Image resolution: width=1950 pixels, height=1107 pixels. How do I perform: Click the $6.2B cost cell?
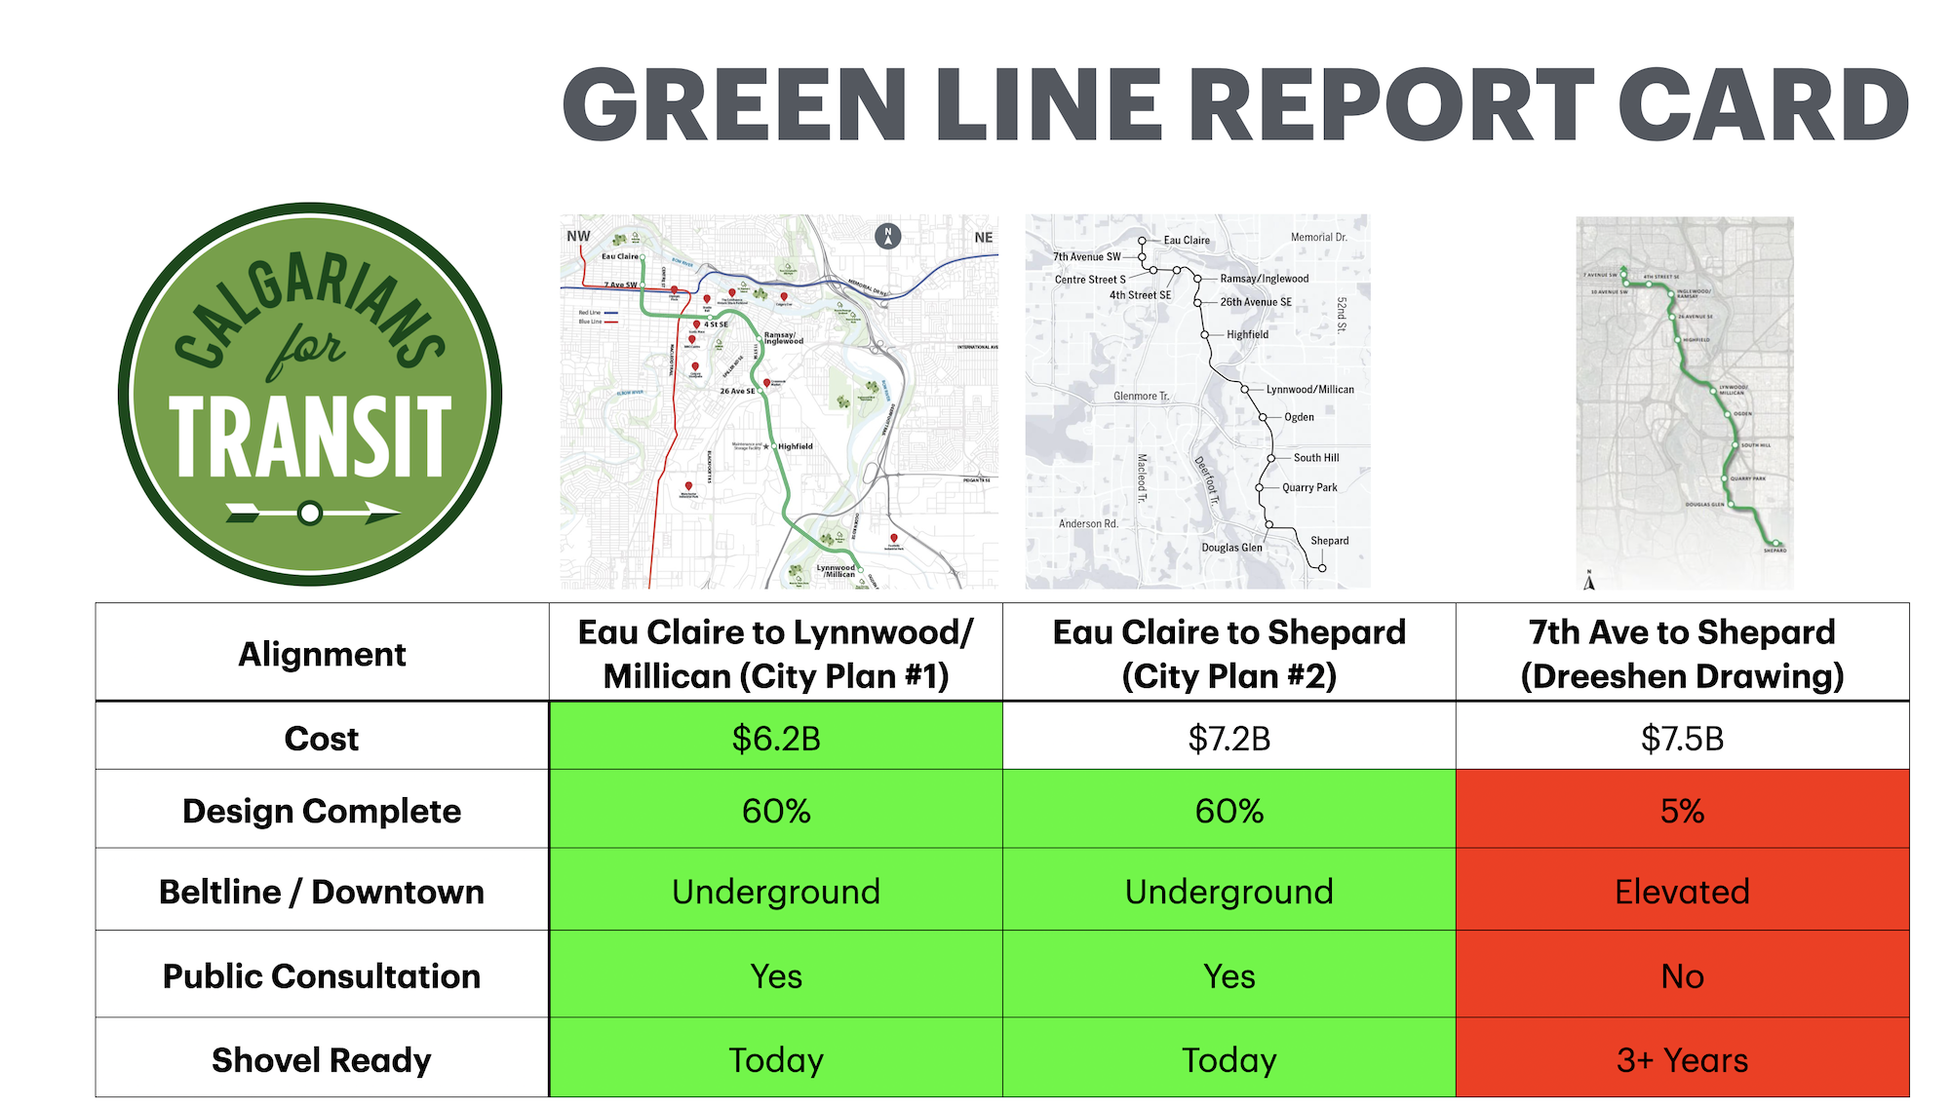(776, 738)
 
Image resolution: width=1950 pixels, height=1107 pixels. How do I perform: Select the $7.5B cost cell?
(1682, 738)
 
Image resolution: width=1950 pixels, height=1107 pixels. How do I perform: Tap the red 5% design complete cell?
(1682, 810)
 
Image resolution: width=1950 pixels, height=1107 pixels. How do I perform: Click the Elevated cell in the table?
(1682, 891)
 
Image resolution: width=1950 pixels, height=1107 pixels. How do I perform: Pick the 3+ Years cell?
(1682, 1059)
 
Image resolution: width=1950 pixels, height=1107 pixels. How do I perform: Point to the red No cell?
(1682, 975)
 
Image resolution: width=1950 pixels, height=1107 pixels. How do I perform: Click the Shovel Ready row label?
(322, 1059)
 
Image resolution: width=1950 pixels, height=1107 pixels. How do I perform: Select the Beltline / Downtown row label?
(322, 891)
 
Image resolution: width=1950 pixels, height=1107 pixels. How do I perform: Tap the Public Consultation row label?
(322, 975)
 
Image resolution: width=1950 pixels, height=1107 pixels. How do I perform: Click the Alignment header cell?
(322, 654)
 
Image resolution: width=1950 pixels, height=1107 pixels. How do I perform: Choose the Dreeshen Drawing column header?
(1682, 654)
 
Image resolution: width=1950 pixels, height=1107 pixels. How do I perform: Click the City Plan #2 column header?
(1228, 654)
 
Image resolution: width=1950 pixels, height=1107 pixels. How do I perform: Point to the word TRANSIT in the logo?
(310, 436)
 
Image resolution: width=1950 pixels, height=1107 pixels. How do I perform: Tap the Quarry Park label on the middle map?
(1309, 487)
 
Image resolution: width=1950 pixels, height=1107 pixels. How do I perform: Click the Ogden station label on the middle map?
(1299, 417)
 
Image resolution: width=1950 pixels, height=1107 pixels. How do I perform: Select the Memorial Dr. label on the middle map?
(1318, 237)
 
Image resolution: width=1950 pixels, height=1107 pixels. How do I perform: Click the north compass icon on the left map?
(887, 236)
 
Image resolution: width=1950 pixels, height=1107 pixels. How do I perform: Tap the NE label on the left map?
(983, 237)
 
